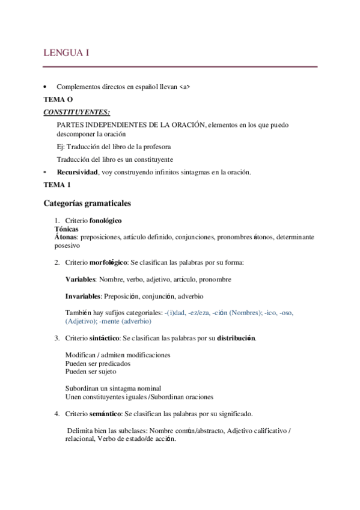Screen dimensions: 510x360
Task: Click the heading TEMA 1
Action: click(55, 186)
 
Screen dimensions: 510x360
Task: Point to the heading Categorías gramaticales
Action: click(87, 203)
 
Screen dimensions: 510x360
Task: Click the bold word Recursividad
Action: click(77, 173)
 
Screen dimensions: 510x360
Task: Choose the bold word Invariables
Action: click(84, 296)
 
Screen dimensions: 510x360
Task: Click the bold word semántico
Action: click(106, 414)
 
